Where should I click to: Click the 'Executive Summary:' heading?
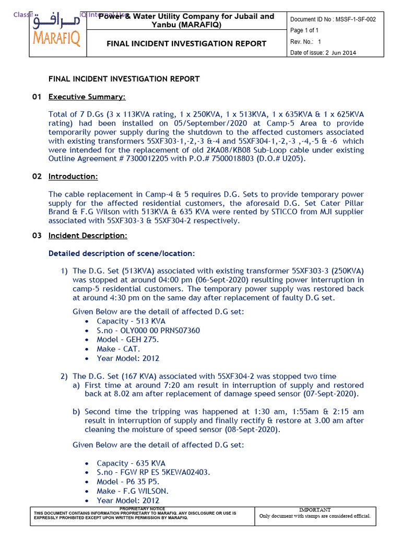click(x=87, y=97)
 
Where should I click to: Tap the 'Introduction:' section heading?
click(x=73, y=177)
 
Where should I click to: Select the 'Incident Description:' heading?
click(x=88, y=236)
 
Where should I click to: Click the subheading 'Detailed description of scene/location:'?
click(x=121, y=253)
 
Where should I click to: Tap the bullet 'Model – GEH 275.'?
click(x=128, y=340)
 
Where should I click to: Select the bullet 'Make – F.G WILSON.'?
click(x=133, y=491)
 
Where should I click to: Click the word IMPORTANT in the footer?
click(x=315, y=509)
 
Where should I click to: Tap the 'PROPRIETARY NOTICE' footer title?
click(x=142, y=508)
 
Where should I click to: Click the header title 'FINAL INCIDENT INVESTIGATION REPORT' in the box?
click(x=186, y=44)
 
